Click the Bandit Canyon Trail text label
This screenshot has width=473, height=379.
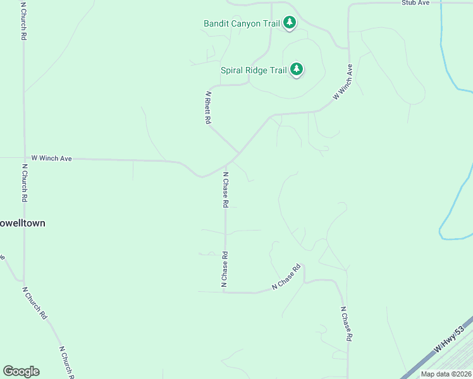pyautogui.click(x=241, y=24)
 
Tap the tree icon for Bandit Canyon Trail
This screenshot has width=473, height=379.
pyautogui.click(x=290, y=23)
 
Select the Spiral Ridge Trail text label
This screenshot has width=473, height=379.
pyautogui.click(x=254, y=70)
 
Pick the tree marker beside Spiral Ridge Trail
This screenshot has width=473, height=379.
pyautogui.click(x=297, y=69)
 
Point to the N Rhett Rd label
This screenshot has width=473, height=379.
pyautogui.click(x=207, y=107)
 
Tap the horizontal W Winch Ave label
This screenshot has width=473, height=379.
pyautogui.click(x=51, y=159)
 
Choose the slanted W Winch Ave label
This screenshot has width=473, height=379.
pyautogui.click(x=342, y=82)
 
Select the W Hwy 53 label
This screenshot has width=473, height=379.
pyautogui.click(x=450, y=339)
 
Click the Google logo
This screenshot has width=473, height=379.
pyautogui.click(x=21, y=371)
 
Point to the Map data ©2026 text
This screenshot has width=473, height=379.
pyautogui.click(x=446, y=374)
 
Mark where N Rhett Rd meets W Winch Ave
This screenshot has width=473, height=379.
pyautogui.click(x=238, y=153)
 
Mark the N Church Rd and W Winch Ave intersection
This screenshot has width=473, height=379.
pyautogui.click(x=24, y=159)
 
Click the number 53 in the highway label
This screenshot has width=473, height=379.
pyautogui.click(x=460, y=331)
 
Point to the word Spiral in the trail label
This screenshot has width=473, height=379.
pyautogui.click(x=233, y=70)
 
